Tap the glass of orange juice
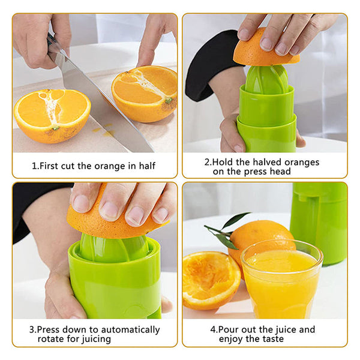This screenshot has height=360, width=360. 282,280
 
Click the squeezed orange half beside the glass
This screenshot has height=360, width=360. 211,281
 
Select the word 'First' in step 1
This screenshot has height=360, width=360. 49,166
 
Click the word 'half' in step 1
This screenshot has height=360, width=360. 147,166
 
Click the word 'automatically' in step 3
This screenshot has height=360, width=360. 130,330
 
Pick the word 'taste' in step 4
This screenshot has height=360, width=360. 273,339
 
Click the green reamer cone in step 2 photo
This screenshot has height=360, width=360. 267,79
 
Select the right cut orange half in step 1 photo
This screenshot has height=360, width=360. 145,93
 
